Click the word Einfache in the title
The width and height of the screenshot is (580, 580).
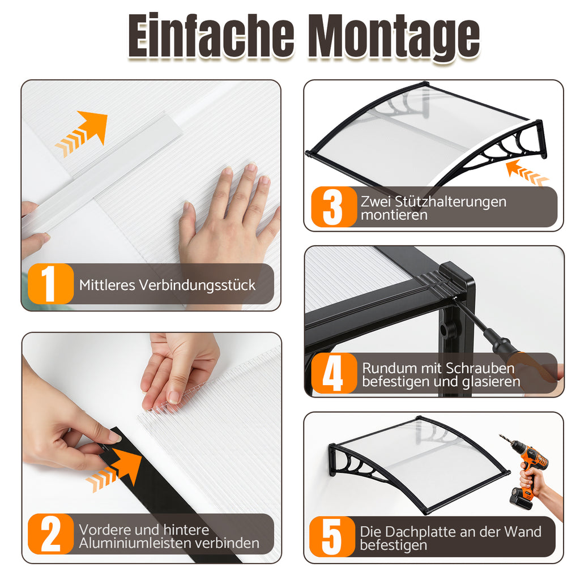tap(211, 36)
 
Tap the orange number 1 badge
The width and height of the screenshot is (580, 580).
tap(50, 284)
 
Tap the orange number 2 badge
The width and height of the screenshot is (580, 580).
tap(50, 534)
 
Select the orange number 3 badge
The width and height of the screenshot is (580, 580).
tap(334, 207)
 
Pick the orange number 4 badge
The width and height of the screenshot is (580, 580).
tap(334, 373)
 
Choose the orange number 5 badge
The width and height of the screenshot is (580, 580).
tap(332, 536)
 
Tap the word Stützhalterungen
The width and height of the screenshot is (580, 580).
tap(450, 202)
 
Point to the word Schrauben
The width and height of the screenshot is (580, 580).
tap(480, 368)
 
